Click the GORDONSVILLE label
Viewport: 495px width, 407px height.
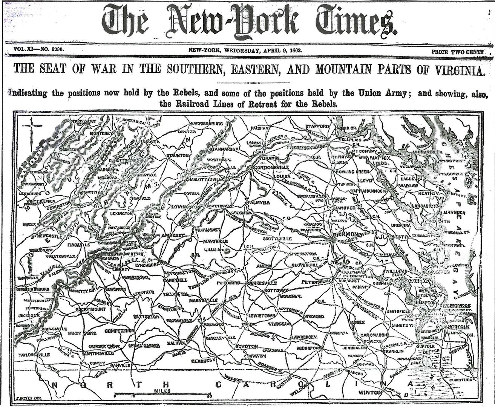point(272,167)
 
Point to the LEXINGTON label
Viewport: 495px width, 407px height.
point(121,213)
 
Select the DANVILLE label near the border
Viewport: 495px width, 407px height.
point(120,365)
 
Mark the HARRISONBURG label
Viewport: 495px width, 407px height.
point(206,123)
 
